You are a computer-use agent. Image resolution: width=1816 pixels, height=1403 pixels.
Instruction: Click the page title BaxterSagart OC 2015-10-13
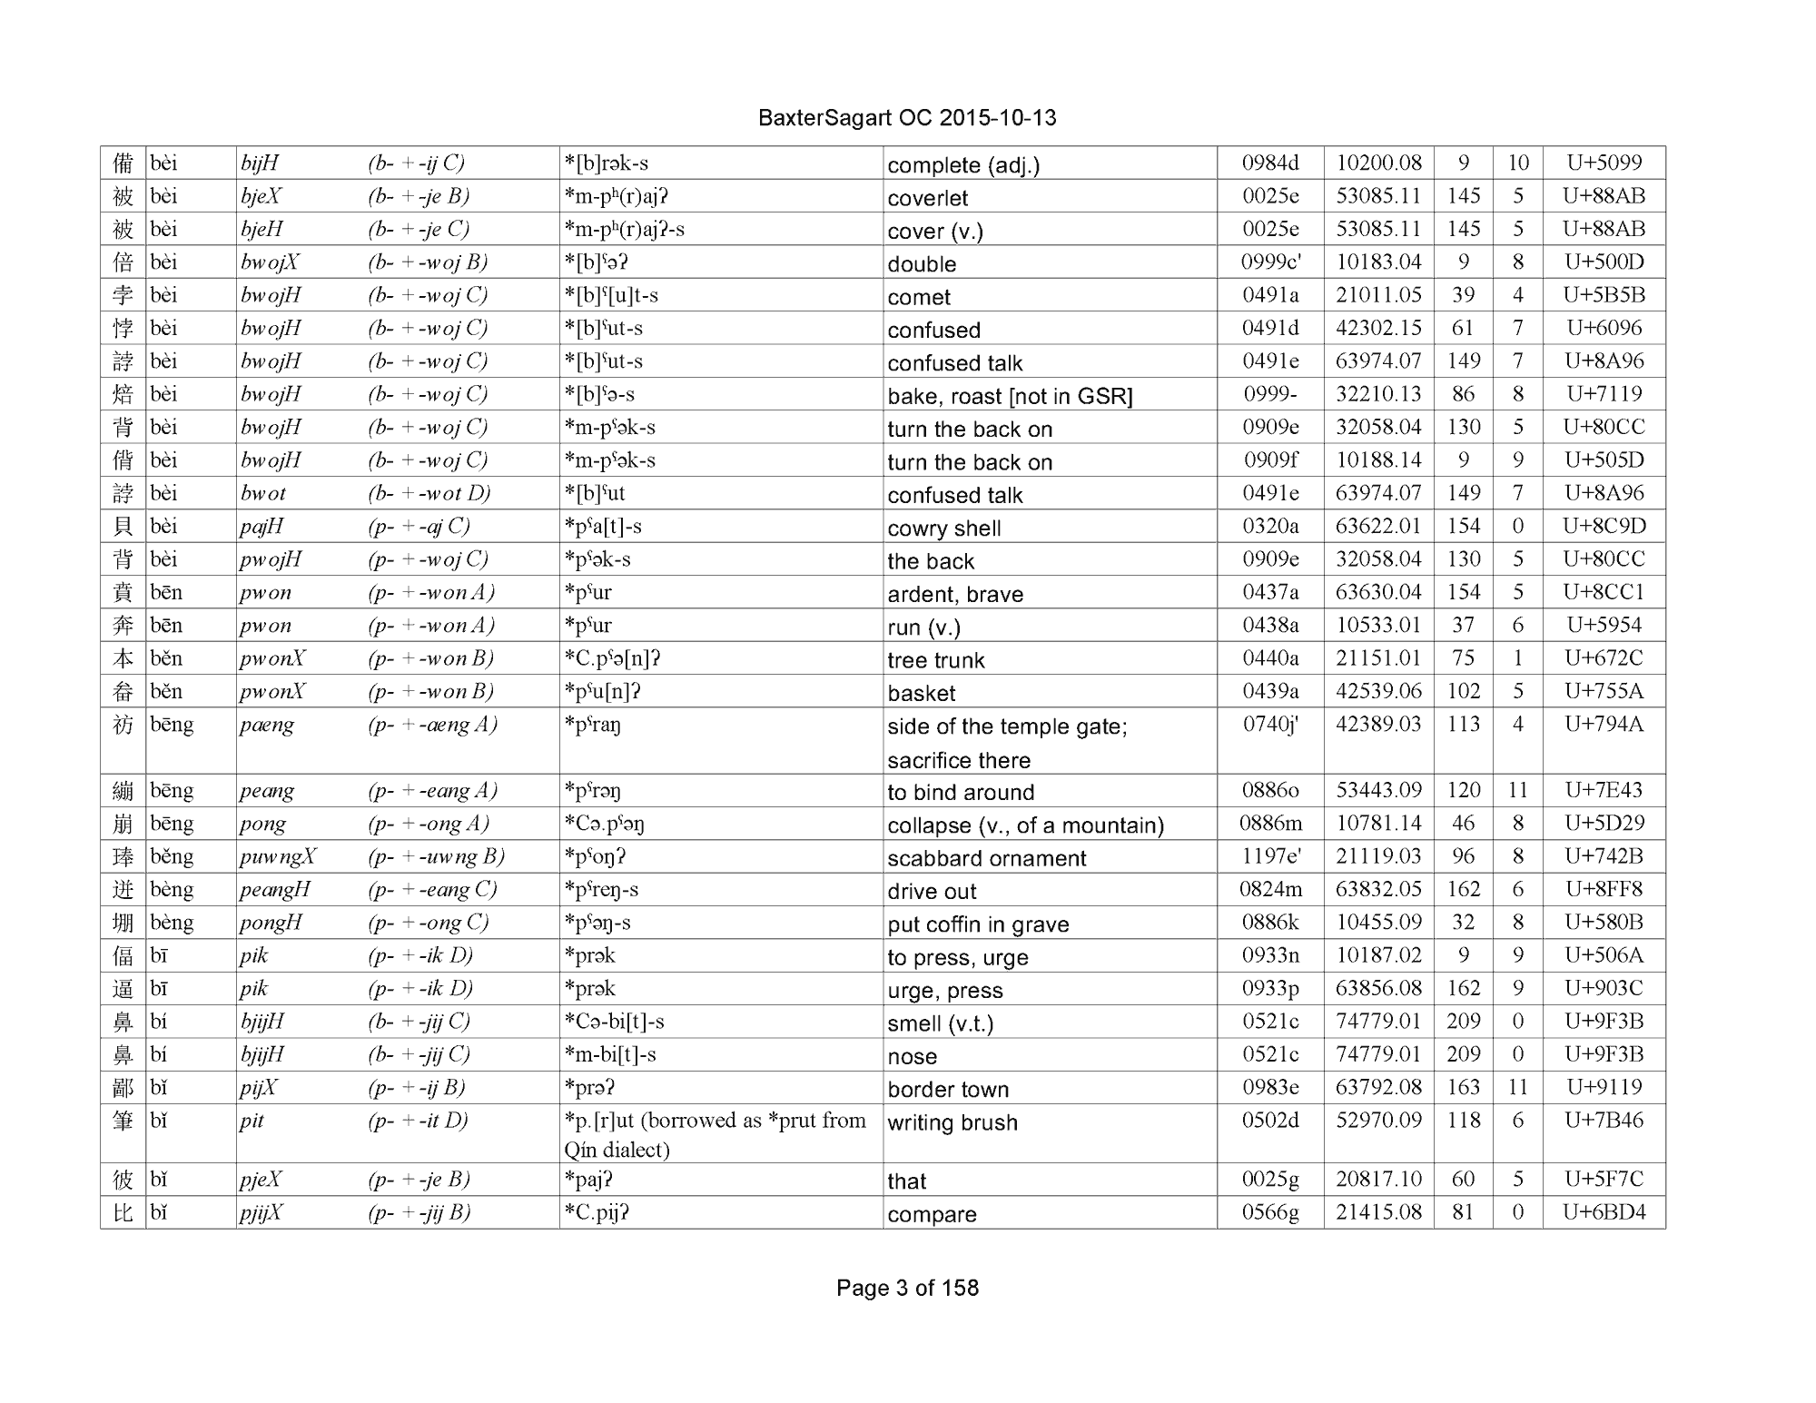point(906,118)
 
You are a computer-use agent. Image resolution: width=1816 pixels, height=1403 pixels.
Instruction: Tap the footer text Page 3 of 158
point(907,1288)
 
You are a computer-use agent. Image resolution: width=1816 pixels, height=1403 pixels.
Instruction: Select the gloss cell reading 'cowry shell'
point(943,529)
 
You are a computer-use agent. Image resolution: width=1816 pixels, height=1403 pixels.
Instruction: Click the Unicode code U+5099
point(1604,163)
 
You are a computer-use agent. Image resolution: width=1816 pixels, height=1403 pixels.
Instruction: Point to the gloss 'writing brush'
point(952,1123)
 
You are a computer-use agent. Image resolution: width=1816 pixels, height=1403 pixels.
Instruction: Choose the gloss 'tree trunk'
point(935,660)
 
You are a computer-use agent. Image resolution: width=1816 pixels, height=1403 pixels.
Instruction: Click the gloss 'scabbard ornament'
point(986,858)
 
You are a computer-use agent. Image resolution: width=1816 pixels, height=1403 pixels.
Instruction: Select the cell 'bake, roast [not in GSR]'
point(1010,396)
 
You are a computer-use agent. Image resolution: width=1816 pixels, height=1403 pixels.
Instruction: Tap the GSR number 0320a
point(1269,527)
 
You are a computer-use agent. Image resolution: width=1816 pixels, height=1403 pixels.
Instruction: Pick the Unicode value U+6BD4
point(1604,1212)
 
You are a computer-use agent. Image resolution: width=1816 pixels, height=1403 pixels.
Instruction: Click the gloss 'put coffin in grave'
point(978,924)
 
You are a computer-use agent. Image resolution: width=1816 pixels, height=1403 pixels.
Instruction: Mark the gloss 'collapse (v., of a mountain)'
point(1025,825)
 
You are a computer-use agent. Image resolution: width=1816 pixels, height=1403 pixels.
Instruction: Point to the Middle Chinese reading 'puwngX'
point(278,857)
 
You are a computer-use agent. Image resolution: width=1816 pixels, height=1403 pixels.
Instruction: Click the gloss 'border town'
point(948,1090)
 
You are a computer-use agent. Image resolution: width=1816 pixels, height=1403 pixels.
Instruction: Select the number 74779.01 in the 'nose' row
point(1377,1055)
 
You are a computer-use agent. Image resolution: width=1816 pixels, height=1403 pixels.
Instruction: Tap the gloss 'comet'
point(919,297)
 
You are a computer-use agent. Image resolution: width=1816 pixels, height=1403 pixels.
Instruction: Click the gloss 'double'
point(922,264)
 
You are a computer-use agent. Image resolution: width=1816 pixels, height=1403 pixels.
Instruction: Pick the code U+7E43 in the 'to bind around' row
point(1604,791)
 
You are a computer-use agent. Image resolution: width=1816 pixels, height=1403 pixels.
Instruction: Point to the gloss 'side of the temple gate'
point(1007,727)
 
